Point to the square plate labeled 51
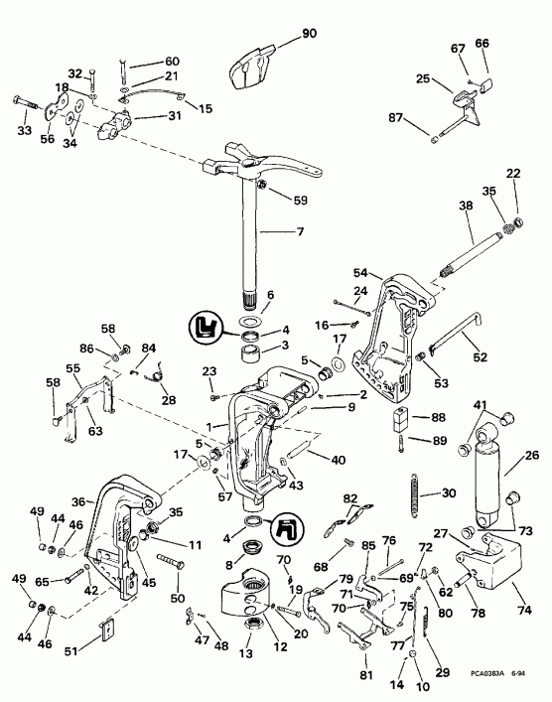click(108, 632)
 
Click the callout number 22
click(512, 175)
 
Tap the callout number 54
click(360, 271)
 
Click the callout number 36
click(77, 502)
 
